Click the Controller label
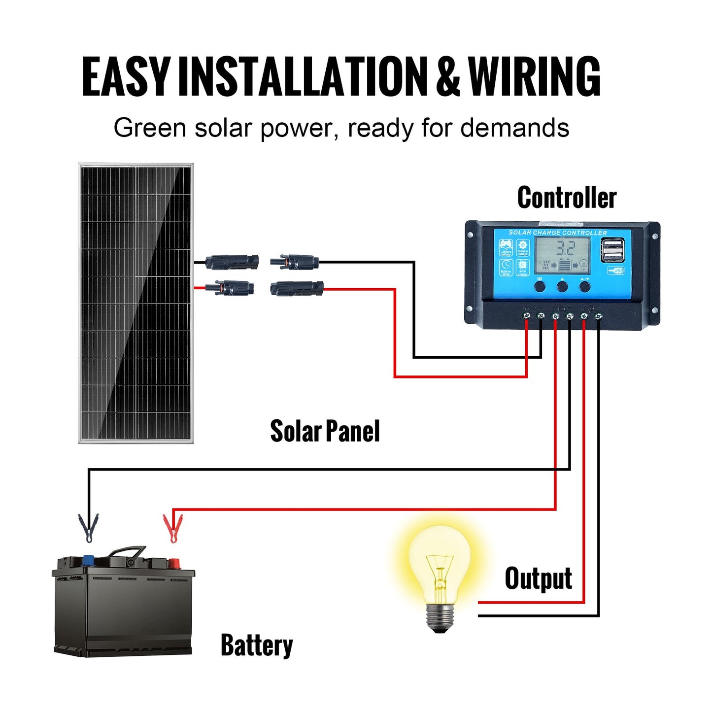567,198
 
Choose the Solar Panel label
325,432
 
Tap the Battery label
256,645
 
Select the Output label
538,578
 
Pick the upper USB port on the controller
612,243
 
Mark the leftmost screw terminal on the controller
526,315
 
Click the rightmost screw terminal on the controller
598,315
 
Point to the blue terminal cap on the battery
89,560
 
